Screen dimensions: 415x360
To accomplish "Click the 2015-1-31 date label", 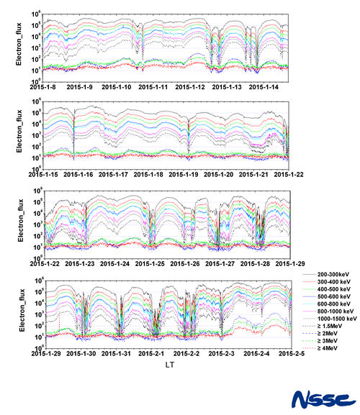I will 119,353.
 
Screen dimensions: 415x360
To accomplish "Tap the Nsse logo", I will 320,398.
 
